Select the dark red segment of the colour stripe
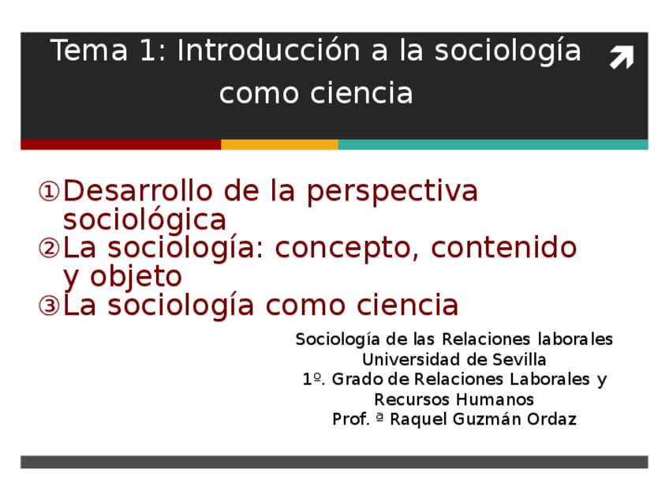point(121,144)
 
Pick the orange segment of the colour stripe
point(279,144)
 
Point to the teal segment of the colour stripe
point(493,144)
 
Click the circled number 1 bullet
point(49,192)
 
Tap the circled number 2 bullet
point(49,249)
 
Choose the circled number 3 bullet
point(49,305)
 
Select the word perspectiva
point(392,193)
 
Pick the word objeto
point(136,278)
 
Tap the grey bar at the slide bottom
point(334,462)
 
